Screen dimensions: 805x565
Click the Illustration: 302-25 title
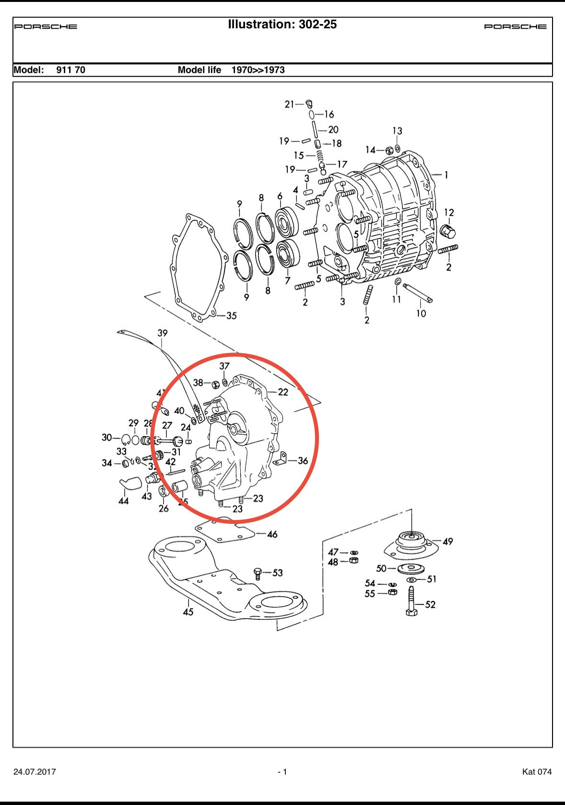coord(282,24)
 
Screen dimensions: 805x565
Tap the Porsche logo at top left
coord(46,27)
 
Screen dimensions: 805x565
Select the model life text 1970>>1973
coord(258,70)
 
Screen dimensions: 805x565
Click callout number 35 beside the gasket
coord(231,316)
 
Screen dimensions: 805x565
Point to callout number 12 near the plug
coord(449,213)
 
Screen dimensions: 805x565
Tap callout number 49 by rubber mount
coord(447,542)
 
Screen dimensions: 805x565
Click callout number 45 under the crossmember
coord(188,612)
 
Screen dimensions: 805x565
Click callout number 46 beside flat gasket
coord(272,534)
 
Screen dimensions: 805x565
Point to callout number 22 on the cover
coord(283,392)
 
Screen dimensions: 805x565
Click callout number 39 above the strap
coord(163,333)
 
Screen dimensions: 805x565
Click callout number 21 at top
coord(289,104)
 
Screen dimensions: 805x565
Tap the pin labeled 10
coord(418,293)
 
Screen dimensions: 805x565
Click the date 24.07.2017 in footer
coord(35,772)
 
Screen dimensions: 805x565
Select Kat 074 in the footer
coord(537,772)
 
